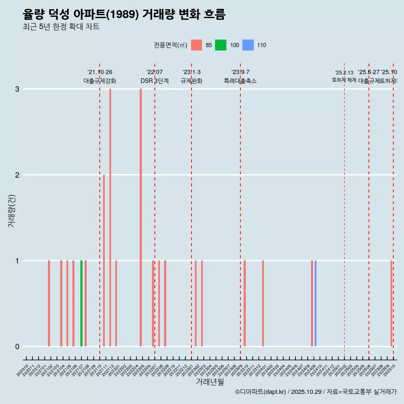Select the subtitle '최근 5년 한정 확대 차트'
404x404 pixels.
tap(61, 27)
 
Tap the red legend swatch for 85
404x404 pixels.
tap(197, 45)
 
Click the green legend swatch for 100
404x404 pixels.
tap(221, 45)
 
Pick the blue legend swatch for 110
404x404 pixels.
tap(248, 45)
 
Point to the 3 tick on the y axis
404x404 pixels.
tap(17, 89)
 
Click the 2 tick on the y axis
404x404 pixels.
tap(17, 175)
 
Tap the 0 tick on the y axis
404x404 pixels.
tap(17, 347)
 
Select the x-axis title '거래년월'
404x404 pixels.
tap(210, 382)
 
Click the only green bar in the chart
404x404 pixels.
tap(82, 303)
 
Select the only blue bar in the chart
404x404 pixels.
tap(316, 303)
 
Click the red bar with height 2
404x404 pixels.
tap(104, 260)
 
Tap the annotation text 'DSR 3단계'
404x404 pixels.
tap(154, 81)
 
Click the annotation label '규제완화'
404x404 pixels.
tap(191, 81)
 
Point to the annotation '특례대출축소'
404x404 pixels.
tap(240, 81)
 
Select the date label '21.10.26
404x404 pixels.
tap(100, 72)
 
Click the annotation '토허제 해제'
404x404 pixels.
tap(344, 80)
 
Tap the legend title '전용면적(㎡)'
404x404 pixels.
tap(170, 45)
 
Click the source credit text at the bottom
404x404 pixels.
tap(316, 392)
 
